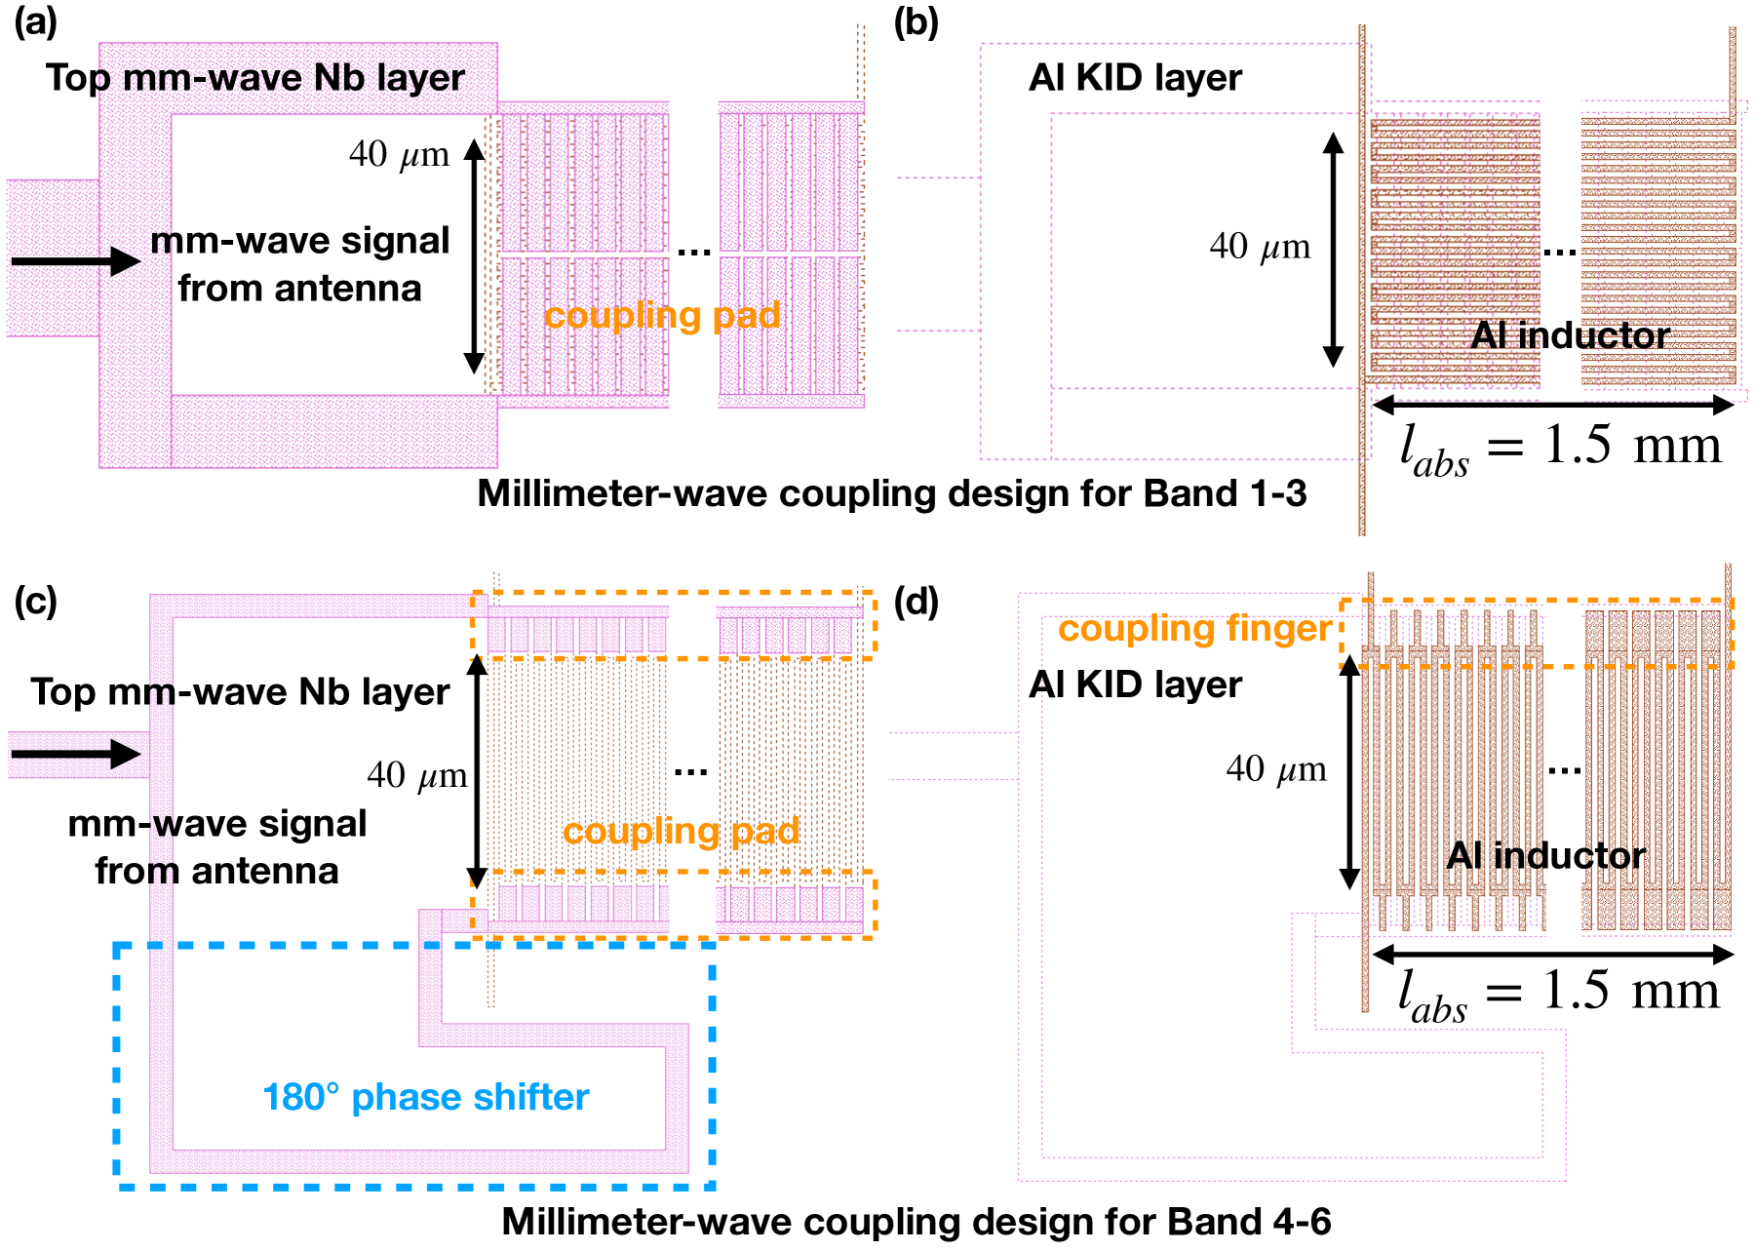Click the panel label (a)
[35, 21]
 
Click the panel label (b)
[916, 21]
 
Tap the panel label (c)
[35, 601]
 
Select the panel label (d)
[916, 601]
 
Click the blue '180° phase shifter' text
[425, 1097]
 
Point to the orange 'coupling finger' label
[1194, 629]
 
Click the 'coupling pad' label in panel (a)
[662, 315]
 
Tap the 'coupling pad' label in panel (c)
[681, 831]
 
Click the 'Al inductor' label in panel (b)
[1570, 335]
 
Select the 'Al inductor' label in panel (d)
[1545, 855]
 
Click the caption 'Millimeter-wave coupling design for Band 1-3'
[891, 493]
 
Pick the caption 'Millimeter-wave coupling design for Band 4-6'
[916, 1221]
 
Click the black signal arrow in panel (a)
[76, 261]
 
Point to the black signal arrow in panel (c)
[76, 754]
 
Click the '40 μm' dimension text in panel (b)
[1260, 247]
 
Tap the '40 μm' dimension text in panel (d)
[1275, 769]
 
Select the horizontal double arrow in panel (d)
[1552, 954]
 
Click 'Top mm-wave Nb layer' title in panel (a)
[255, 78]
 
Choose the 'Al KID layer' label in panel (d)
[1135, 685]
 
